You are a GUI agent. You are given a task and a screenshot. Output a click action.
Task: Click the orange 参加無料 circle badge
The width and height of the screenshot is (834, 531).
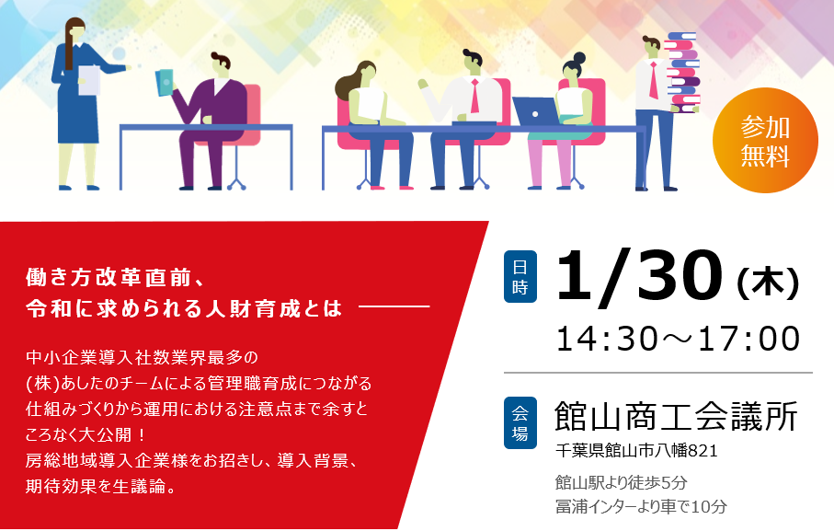tap(765, 141)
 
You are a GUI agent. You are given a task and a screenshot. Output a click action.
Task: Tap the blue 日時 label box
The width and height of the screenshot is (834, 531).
tap(520, 277)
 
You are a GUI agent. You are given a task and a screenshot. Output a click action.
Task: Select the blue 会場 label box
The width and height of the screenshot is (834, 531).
tap(520, 423)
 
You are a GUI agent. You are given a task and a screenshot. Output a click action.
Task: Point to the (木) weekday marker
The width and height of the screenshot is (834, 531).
tap(768, 283)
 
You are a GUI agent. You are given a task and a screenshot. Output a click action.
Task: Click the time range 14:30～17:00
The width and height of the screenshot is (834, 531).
tap(679, 339)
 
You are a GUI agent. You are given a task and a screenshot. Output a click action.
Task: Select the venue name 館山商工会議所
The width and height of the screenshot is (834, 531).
tap(676, 416)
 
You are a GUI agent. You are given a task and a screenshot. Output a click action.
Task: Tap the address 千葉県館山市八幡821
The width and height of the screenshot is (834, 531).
tap(636, 451)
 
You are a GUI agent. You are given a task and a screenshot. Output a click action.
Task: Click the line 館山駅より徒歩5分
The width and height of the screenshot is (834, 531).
tap(622, 482)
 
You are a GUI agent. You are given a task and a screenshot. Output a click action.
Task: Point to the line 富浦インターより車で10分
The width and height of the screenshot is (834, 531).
tap(641, 506)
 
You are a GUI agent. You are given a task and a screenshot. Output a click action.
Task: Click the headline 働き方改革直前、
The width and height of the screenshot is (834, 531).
tap(116, 278)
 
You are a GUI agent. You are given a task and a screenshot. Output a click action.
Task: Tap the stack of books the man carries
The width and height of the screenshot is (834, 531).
tap(683, 73)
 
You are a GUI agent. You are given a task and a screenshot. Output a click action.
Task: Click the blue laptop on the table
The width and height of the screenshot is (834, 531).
tap(536, 111)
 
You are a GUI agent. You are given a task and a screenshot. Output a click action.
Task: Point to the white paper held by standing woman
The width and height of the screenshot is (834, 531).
tap(89, 81)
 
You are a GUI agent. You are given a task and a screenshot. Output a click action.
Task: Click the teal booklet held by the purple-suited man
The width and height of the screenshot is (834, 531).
tap(166, 83)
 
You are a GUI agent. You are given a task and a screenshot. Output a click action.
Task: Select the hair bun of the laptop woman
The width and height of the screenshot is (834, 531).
tap(579, 57)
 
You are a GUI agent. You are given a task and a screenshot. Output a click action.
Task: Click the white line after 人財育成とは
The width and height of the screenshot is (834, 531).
tap(394, 306)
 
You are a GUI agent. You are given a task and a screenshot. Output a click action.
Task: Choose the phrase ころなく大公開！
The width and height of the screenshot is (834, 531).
tap(86, 434)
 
